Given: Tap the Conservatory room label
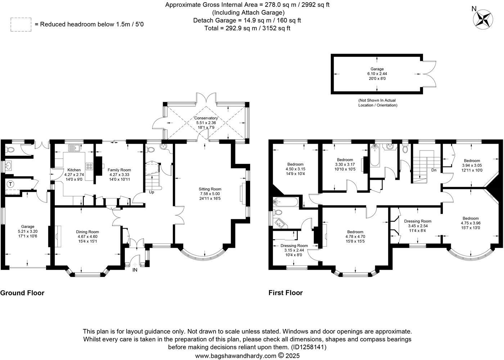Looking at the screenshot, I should [206, 122].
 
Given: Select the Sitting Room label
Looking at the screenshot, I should [210, 194].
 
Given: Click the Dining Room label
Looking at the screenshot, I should [87, 237].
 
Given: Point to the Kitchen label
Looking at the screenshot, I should [74, 174].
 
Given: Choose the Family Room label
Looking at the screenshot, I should [119, 175].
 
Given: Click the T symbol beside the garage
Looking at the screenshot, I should [10, 184].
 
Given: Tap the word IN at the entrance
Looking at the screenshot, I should [135, 270].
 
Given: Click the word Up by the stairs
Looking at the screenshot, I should [152, 192].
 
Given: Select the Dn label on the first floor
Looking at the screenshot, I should [433, 170].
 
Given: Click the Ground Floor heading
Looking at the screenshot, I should [22, 293].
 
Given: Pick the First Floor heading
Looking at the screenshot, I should [285, 293].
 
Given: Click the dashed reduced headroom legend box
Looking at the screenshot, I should [21, 24].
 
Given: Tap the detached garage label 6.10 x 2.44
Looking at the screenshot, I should [377, 73].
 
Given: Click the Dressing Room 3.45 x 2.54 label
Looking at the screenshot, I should [418, 226].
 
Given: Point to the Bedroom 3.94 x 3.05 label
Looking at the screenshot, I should [472, 166].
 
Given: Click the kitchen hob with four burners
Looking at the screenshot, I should [89, 166].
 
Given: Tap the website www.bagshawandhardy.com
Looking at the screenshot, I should [236, 356].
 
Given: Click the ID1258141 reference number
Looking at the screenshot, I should [309, 347].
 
